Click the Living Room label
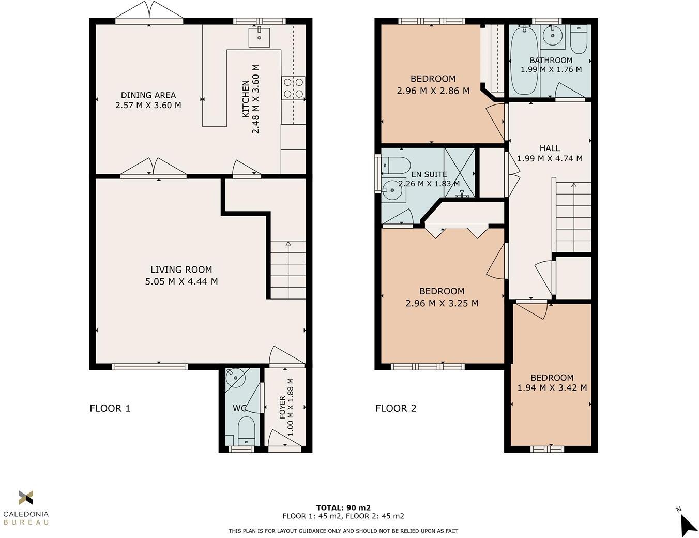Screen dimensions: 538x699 point(181,270)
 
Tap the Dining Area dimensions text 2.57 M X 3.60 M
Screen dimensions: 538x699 point(148,105)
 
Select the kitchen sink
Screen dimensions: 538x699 point(259,37)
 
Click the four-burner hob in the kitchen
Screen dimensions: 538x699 point(293,88)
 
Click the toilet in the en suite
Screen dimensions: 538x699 point(396,166)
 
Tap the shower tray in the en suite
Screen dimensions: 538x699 point(460,173)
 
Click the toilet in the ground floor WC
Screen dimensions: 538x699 point(246,431)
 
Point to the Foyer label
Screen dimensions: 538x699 point(282,408)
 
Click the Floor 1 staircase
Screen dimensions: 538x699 point(287,270)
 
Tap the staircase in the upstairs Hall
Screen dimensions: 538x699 point(573,217)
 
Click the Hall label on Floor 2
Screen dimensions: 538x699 point(550,148)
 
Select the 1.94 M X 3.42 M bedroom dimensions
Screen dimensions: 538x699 point(552,387)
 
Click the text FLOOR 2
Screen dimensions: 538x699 point(396,408)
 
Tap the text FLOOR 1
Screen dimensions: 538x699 point(110,408)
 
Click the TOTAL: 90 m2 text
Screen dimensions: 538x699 point(343,507)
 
